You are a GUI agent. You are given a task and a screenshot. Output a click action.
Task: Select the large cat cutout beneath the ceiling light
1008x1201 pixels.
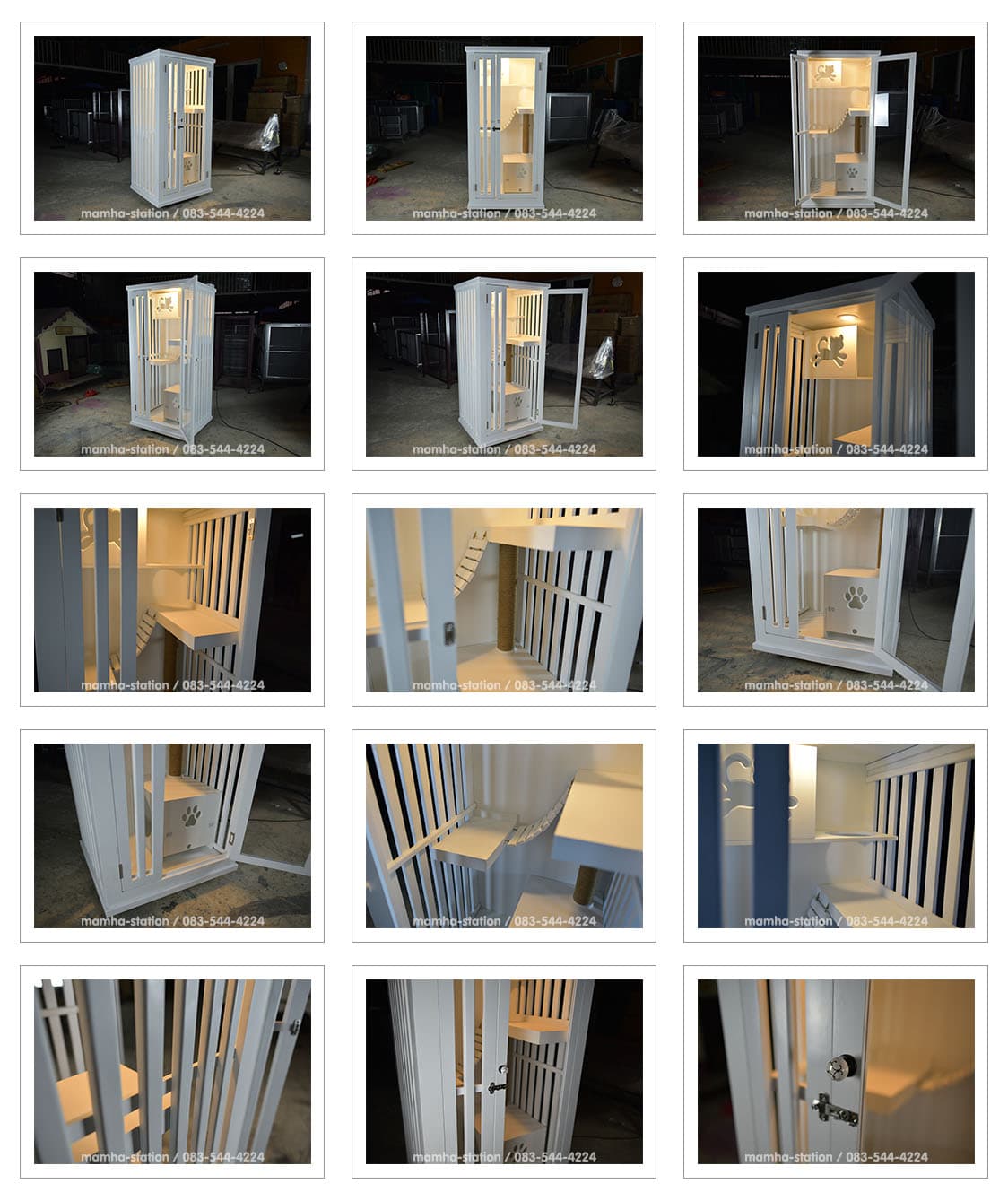(829, 351)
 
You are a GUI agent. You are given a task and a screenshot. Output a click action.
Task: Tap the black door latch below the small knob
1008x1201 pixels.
(496, 1086)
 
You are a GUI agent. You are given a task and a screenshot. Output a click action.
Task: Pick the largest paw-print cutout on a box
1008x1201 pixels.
(856, 597)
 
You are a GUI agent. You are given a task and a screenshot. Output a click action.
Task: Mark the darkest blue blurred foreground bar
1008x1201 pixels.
(771, 834)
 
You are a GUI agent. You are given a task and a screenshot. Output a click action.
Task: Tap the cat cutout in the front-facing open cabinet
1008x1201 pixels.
(826, 73)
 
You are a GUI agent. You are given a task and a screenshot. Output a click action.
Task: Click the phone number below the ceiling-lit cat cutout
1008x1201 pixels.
(887, 449)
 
